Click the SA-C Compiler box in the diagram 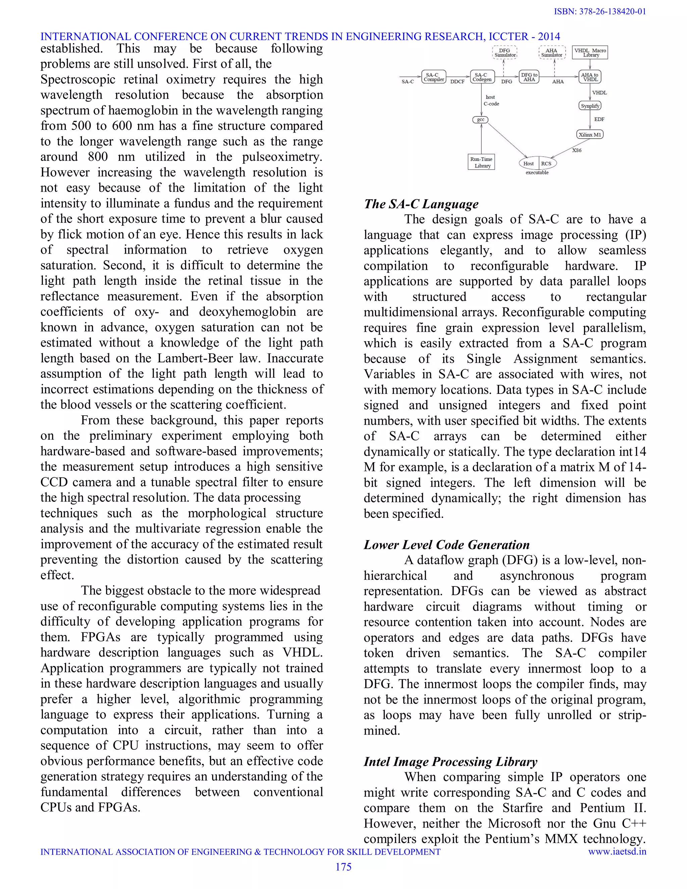coord(433,77)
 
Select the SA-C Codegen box coord(482,77)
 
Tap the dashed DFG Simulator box coord(505,53)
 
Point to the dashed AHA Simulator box coord(551,53)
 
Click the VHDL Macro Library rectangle coord(590,53)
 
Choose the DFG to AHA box coord(529,77)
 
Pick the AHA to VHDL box coord(589,77)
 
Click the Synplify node coord(590,106)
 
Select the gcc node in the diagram coord(481,120)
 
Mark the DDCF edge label coord(457,82)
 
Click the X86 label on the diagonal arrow coord(576,150)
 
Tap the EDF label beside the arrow coord(599,119)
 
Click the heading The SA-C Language coord(421,204)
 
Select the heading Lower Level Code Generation coord(446,544)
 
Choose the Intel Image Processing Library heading coord(450,762)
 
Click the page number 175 coord(343,867)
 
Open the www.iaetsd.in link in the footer coord(617,851)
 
